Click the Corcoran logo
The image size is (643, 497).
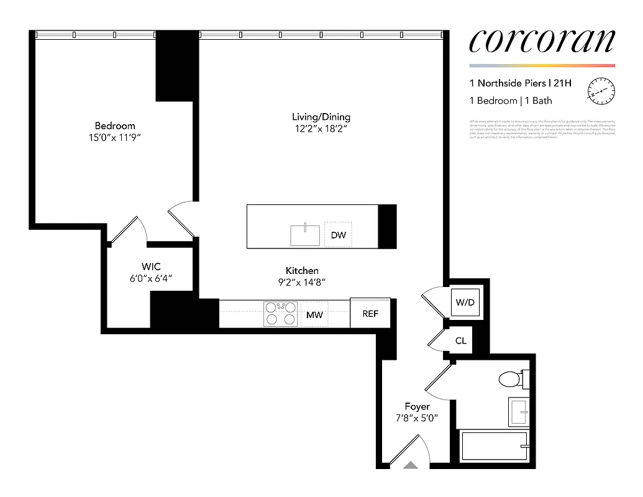click(x=542, y=40)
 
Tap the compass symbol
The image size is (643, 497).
click(x=600, y=91)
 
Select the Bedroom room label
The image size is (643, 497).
click(x=115, y=125)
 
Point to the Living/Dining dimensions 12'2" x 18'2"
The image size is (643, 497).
click(x=321, y=129)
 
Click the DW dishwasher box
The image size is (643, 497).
click(x=338, y=235)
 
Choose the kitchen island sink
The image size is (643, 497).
click(x=305, y=235)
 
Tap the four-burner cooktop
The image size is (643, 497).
click(x=280, y=314)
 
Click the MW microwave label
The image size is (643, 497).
click(x=314, y=315)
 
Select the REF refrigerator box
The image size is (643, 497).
click(x=370, y=314)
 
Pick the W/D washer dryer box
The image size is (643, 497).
click(x=465, y=303)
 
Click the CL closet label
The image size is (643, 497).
click(x=461, y=341)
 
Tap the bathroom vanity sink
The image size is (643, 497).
click(x=518, y=412)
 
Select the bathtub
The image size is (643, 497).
click(x=495, y=447)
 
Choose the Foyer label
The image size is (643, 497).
click(x=417, y=406)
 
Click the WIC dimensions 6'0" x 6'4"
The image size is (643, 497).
click(x=150, y=279)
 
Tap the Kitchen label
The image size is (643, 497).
click(x=302, y=270)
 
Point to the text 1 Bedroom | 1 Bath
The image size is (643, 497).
click(x=511, y=101)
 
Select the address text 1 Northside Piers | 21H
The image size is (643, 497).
click(x=520, y=83)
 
